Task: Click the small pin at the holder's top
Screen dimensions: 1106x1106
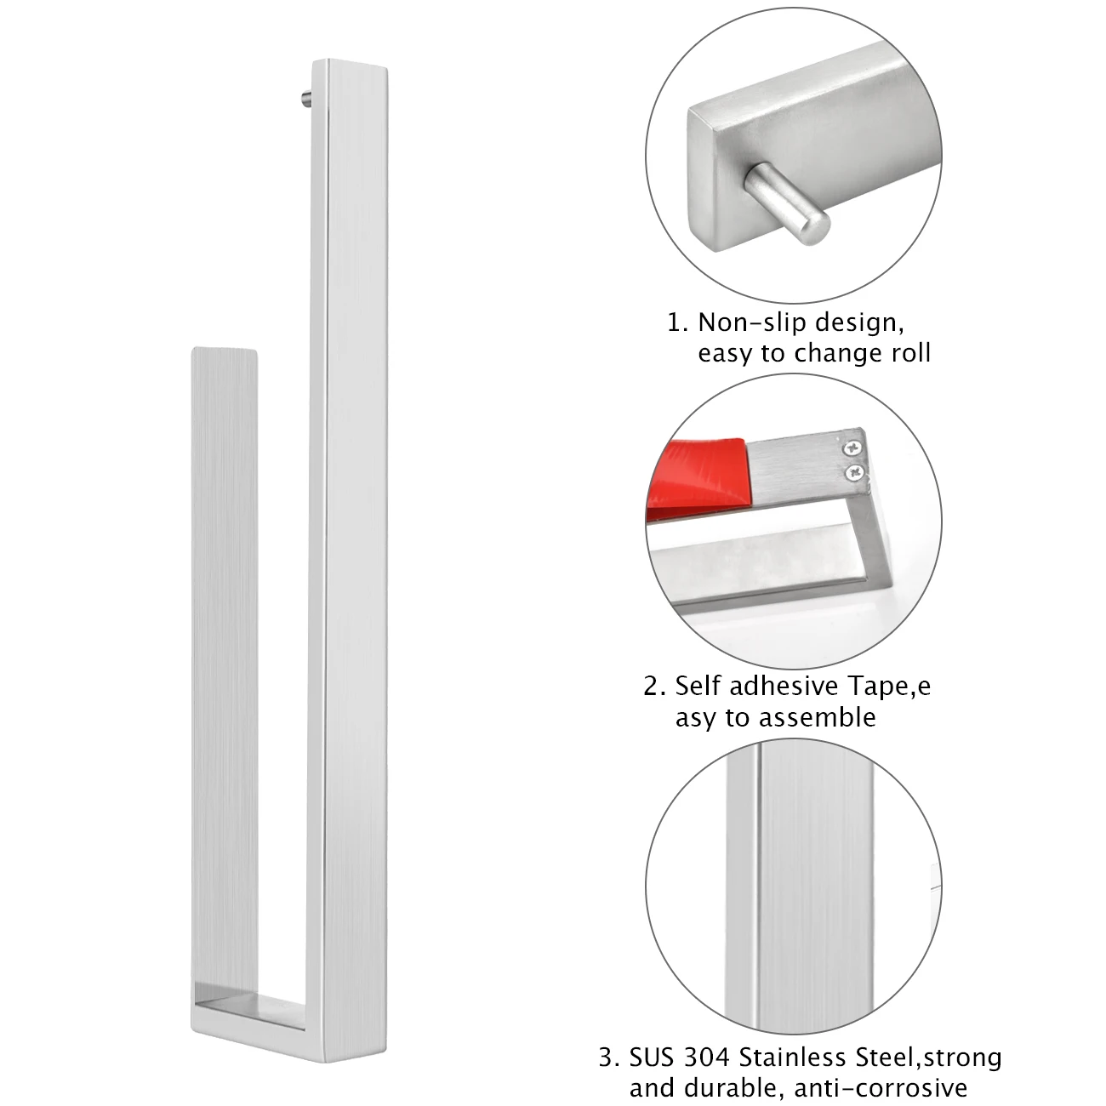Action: (x=306, y=100)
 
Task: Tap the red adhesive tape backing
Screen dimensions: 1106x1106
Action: (x=698, y=477)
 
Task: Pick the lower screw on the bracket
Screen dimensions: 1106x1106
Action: (x=855, y=472)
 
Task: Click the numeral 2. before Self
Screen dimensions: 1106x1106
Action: (x=654, y=686)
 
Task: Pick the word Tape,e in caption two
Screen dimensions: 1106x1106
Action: (x=888, y=687)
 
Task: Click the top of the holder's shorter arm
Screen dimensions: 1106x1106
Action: (x=224, y=351)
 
